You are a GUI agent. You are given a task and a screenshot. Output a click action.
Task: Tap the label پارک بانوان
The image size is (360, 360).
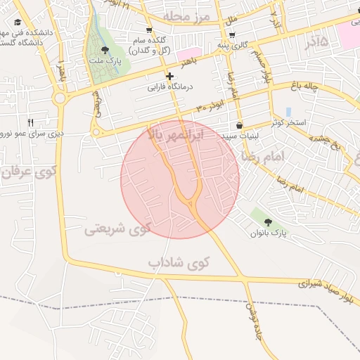coord(269,232)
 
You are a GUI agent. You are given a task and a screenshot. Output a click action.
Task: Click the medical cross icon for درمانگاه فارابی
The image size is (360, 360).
coord(169,76)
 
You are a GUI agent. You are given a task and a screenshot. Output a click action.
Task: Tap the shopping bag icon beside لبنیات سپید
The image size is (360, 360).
coord(240,126)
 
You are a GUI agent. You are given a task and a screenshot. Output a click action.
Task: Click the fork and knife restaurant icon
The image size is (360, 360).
coord(30,122)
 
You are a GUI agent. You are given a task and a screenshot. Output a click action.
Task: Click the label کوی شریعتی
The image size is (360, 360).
coord(117,229)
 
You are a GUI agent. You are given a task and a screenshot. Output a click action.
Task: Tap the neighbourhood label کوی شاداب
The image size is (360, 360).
coord(179,263)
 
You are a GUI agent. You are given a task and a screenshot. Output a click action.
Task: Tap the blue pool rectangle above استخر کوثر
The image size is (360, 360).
coord(288,112)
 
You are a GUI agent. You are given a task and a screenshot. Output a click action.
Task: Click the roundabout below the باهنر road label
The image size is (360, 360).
coord(60,98)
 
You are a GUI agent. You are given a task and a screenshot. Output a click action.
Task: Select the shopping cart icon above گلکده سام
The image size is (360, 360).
coord(149,30)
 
